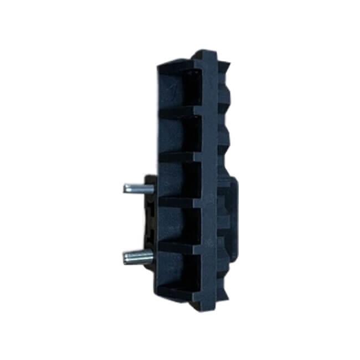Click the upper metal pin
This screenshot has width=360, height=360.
136,188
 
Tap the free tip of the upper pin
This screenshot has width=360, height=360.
125,188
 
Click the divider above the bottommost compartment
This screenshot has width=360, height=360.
180,242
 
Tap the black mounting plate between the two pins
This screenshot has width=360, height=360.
150,222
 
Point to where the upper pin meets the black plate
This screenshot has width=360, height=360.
147,188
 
